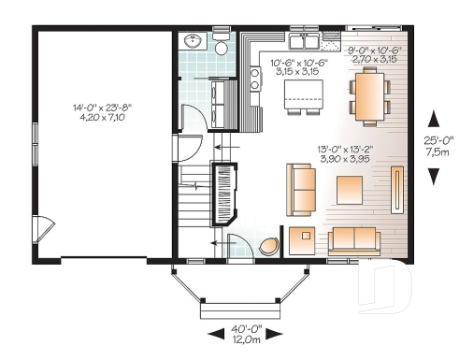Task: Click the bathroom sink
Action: [x=194, y=41]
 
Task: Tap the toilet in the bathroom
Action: [x=222, y=47]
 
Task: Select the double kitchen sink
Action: [x=304, y=41]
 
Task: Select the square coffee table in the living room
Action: [x=350, y=190]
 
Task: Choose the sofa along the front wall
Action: [x=353, y=239]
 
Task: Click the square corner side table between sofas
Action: [x=303, y=240]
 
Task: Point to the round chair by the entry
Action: [x=269, y=246]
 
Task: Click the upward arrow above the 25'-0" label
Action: [x=433, y=118]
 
